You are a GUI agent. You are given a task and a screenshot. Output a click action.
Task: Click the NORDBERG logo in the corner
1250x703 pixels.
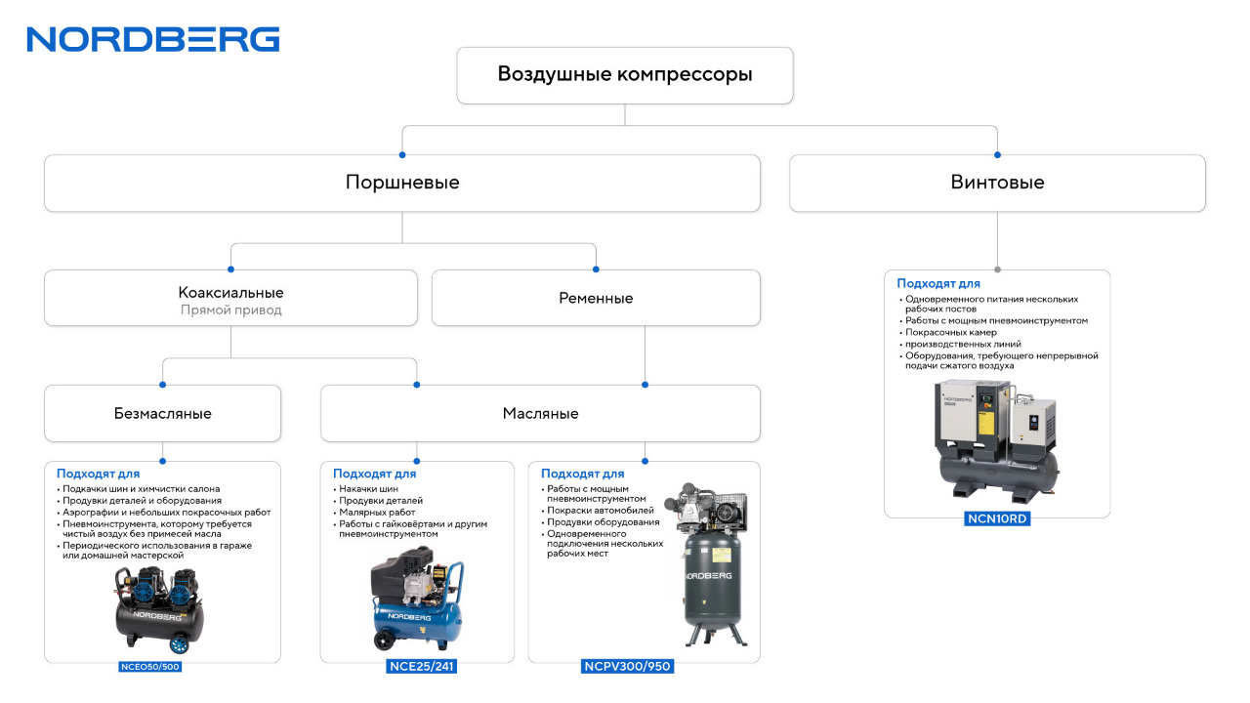click(x=153, y=40)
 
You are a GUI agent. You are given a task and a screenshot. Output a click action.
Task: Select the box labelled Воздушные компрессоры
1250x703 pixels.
click(x=624, y=75)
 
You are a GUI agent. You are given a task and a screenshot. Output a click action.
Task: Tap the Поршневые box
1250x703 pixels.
click(x=401, y=183)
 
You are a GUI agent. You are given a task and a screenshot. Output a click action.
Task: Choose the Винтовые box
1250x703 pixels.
click(x=997, y=183)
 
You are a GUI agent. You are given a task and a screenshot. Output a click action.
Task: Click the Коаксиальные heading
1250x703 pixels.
click(x=231, y=292)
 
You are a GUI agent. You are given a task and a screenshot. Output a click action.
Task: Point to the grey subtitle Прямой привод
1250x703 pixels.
click(x=231, y=310)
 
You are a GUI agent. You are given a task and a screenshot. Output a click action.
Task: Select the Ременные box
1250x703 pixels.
click(x=596, y=298)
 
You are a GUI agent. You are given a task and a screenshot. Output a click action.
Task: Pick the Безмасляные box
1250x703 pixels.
click(x=162, y=413)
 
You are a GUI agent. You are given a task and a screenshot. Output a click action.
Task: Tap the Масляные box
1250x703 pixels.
click(x=540, y=413)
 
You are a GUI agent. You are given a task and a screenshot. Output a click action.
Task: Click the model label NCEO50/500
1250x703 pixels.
click(x=150, y=666)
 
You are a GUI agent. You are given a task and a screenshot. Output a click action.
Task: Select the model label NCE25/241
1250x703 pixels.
click(x=421, y=666)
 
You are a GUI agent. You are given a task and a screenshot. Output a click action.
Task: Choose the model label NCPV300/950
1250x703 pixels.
click(x=627, y=666)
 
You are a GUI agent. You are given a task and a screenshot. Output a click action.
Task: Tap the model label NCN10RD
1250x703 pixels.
click(x=997, y=518)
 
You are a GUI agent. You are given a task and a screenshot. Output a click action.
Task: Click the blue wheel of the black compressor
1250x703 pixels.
click(x=179, y=644)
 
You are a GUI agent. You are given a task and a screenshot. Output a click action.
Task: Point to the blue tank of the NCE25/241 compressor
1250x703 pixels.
click(x=419, y=622)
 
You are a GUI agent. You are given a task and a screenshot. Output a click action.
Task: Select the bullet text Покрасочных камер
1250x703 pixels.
click(x=951, y=333)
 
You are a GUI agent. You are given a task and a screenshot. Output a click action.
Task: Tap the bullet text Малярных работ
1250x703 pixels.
click(x=377, y=513)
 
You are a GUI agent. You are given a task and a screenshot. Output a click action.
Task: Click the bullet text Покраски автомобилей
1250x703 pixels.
click(x=601, y=511)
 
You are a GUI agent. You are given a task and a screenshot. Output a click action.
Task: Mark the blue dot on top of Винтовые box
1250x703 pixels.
click(x=997, y=155)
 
